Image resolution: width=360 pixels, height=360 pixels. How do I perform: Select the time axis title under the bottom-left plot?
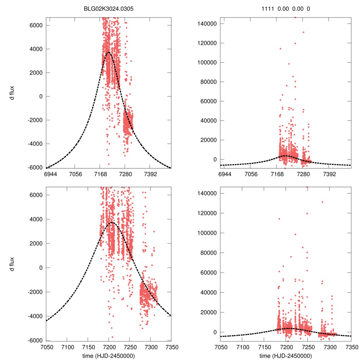pyautogui.click(x=109, y=355)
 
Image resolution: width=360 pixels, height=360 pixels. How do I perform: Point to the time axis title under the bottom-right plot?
pyautogui.click(x=285, y=355)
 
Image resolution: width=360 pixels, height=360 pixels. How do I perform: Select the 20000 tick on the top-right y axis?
pyautogui.click(x=210, y=140)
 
